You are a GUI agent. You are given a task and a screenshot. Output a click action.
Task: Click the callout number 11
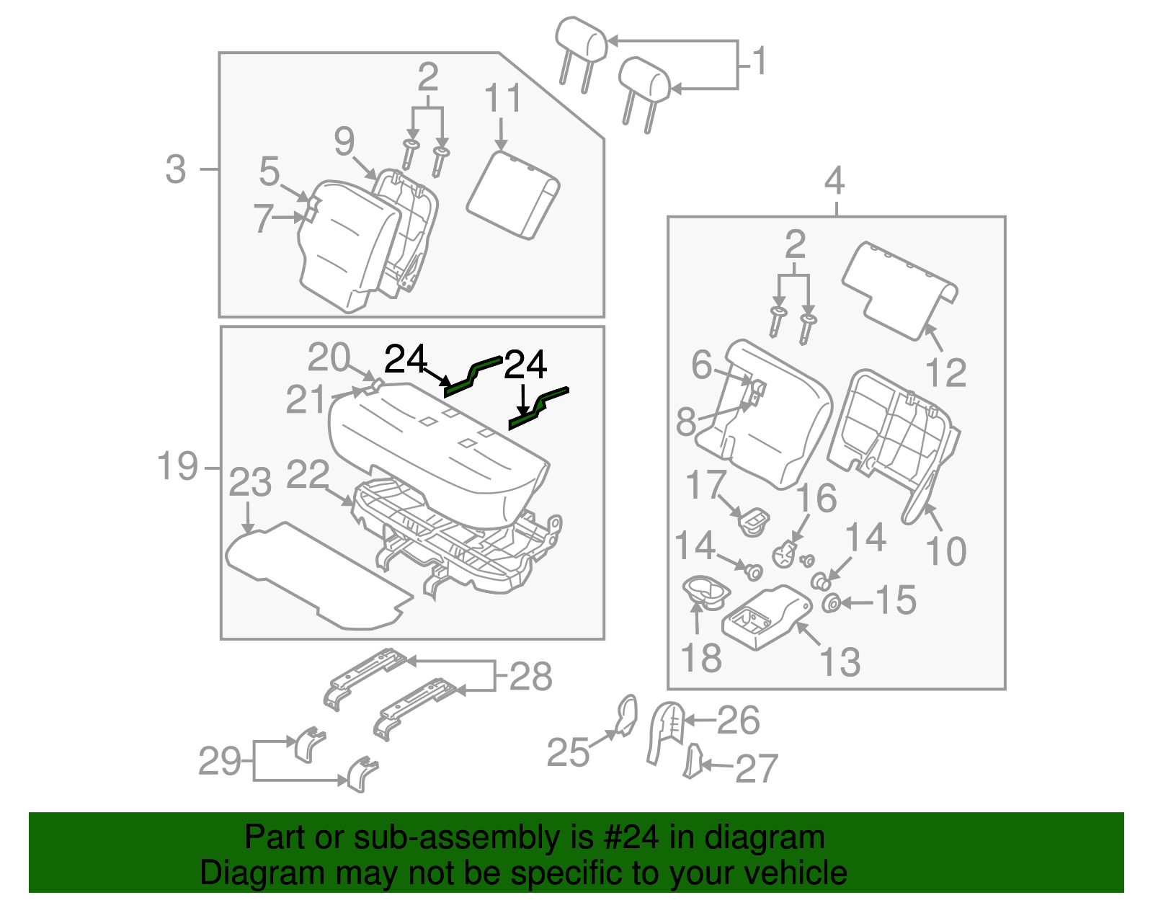(502, 99)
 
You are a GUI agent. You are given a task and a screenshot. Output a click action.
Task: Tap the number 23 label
(250, 483)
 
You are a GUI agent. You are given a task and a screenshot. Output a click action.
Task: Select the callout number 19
(177, 466)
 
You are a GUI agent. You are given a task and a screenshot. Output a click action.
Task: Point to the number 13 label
(840, 661)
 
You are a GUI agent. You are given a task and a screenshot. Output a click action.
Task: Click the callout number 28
(530, 677)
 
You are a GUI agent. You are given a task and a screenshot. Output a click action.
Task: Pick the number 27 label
(757, 769)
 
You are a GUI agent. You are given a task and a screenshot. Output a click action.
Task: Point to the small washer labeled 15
(831, 602)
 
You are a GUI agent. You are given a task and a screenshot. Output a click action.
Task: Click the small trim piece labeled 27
(693, 762)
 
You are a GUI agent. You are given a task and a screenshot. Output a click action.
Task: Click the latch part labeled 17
(753, 520)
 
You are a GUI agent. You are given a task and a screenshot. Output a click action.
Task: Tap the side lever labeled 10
(916, 497)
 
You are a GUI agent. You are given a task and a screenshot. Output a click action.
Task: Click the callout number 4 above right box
(834, 181)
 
